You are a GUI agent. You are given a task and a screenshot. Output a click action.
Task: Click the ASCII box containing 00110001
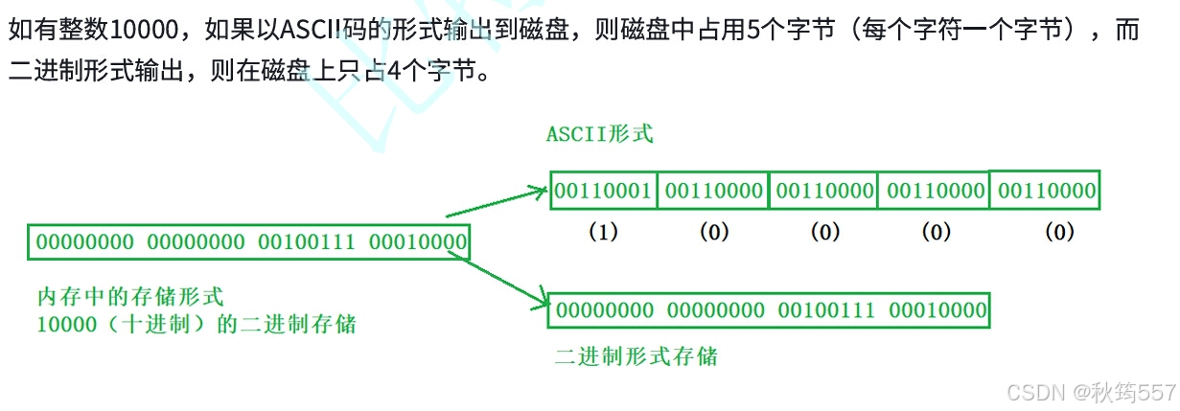tap(603, 191)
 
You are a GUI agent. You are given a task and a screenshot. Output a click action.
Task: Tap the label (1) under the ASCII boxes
tap(603, 233)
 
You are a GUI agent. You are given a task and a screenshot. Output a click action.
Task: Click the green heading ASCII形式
tap(599, 134)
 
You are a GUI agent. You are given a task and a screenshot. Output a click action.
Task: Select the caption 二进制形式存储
tap(636, 357)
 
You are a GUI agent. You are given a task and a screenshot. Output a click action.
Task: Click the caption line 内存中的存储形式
tap(129, 297)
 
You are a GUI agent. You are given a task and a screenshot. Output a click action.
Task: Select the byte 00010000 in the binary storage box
tap(937, 310)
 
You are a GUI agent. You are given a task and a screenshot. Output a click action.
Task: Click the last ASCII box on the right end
tap(1046, 191)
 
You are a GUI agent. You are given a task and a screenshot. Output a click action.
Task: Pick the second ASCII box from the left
tap(713, 191)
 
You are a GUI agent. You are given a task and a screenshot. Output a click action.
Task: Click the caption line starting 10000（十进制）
tap(196, 324)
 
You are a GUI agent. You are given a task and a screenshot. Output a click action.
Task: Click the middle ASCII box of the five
tap(824, 191)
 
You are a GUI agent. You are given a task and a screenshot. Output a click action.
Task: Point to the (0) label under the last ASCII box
tap(1058, 233)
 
